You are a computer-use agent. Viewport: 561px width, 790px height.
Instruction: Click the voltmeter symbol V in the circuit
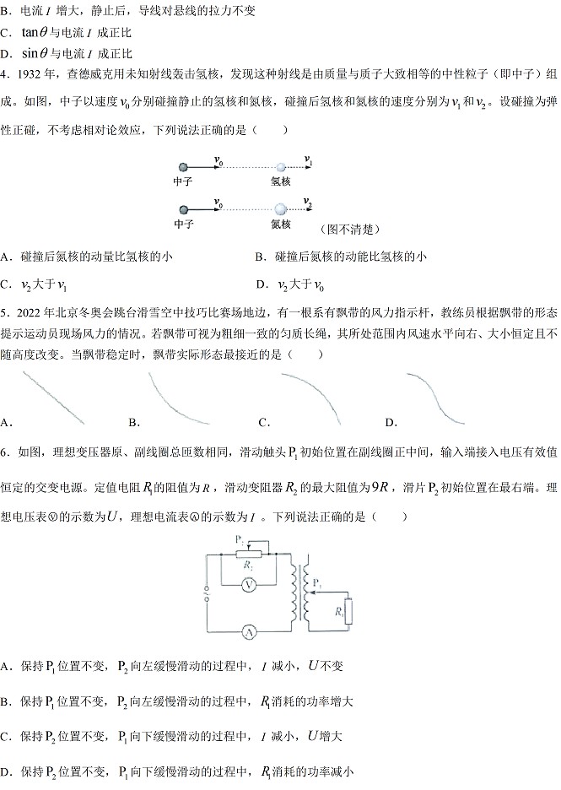248,585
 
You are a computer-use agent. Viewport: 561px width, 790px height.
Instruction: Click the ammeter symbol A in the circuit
249,632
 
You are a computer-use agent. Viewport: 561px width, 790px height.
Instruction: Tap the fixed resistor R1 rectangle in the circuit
348,612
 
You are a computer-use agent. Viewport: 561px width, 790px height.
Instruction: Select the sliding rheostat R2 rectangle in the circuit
249,555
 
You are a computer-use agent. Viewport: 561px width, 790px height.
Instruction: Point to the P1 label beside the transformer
316,583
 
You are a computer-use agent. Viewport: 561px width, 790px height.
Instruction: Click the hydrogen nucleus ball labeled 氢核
281,167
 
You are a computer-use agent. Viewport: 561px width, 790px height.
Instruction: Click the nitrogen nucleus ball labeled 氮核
280,209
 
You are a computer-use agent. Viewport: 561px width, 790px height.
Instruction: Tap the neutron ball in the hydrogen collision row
183,167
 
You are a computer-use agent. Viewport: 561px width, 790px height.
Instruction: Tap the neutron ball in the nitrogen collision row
183,209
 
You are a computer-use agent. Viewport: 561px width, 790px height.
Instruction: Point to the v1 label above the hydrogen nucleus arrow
308,160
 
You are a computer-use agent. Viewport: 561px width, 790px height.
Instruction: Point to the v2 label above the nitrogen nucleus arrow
308,202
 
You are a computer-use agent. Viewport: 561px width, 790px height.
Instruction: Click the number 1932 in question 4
29,74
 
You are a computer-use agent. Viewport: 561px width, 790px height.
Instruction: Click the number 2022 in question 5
29,313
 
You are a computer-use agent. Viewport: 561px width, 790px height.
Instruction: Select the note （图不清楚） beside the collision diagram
350,230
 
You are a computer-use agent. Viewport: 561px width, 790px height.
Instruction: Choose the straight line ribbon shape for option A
53,398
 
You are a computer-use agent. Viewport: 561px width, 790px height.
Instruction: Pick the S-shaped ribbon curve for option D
435,398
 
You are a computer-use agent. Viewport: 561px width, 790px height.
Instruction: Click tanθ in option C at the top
35,32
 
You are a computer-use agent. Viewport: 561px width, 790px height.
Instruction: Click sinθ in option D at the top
35,53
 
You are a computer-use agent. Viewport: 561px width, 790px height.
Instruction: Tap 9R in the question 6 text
380,487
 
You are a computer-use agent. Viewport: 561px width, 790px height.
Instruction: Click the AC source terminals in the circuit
207,594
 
